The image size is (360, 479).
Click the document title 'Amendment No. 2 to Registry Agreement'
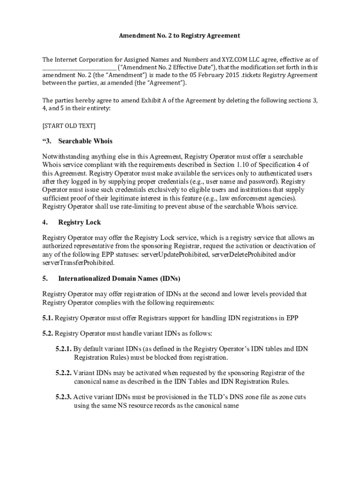click(180, 36)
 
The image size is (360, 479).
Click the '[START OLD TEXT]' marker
click(69, 126)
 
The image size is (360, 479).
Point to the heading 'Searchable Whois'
click(85, 141)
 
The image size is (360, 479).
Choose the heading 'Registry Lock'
click(79, 222)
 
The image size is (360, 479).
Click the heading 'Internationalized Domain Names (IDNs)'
click(119, 279)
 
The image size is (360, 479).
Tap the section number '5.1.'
click(48, 319)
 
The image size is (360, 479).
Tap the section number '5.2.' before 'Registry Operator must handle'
click(48, 334)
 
